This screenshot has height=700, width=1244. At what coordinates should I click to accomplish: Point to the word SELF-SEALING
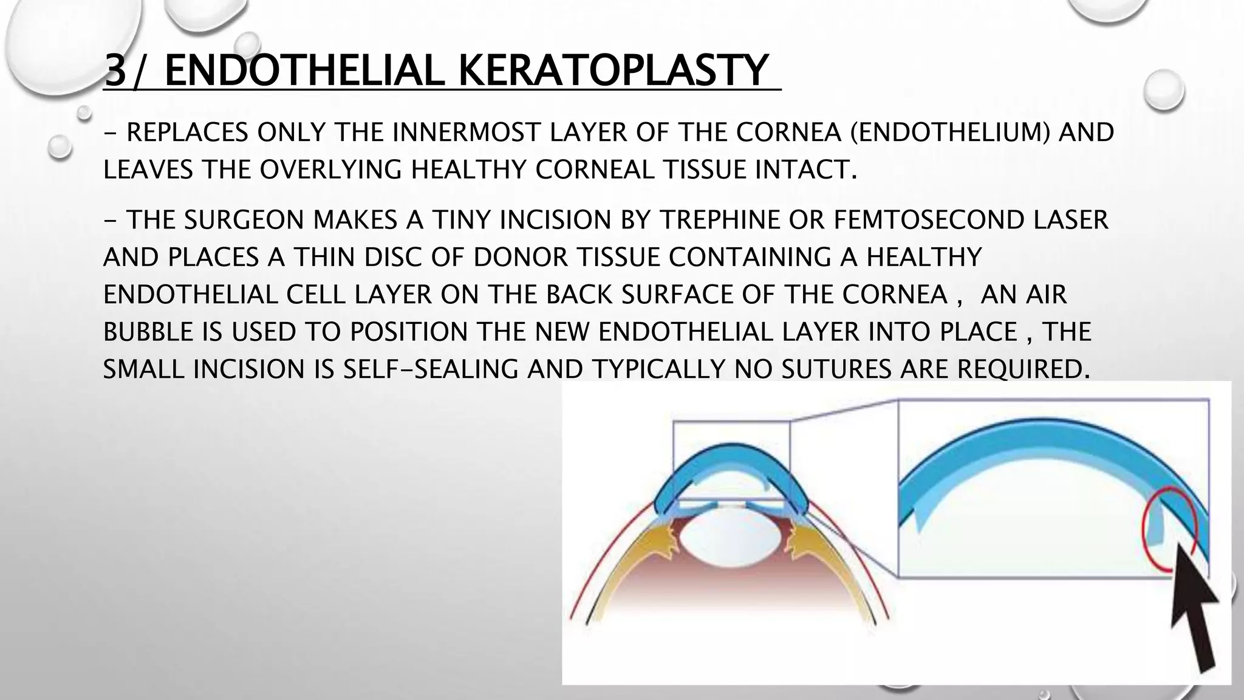431,369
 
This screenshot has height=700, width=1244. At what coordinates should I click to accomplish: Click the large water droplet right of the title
1163,91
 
